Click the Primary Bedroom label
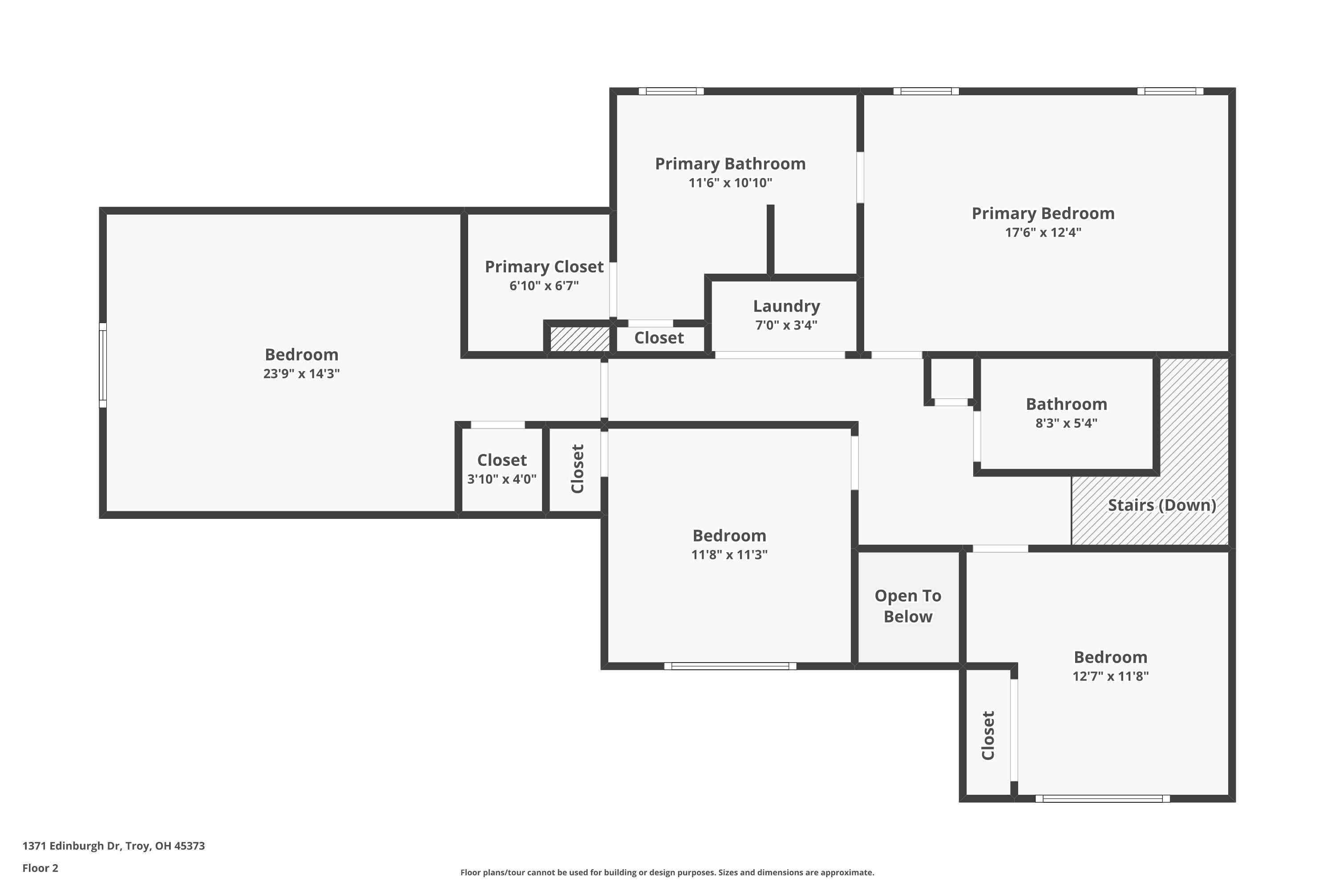(1043, 214)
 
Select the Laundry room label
(786, 306)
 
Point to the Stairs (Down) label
(1161, 505)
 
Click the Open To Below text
(908, 606)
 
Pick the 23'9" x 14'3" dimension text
(301, 373)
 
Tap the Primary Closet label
(544, 267)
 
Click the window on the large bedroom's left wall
(103, 365)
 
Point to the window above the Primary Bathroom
(671, 91)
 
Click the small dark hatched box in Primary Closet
(579, 339)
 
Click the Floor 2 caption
(40, 868)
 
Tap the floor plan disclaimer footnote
(667, 872)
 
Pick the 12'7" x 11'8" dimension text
(1110, 676)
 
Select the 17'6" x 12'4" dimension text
(1043, 232)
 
